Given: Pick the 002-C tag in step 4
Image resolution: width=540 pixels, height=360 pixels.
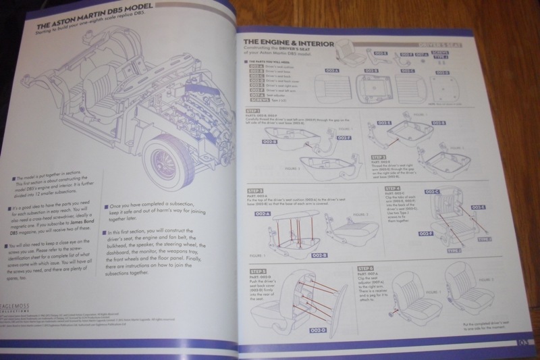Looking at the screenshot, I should [432, 194].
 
